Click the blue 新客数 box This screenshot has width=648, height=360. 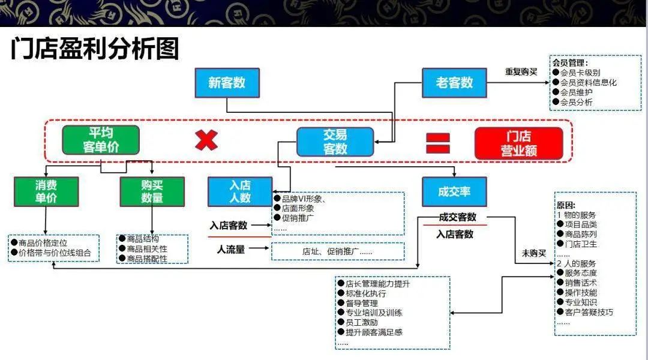(x=227, y=83)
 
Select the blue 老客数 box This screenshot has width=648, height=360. (x=454, y=83)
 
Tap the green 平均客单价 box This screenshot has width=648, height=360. (x=101, y=140)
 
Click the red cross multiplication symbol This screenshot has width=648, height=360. (x=206, y=140)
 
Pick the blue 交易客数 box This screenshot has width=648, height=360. (x=335, y=142)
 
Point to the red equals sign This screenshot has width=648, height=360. (x=438, y=143)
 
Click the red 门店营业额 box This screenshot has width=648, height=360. (x=518, y=143)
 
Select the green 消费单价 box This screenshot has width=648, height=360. (x=46, y=192)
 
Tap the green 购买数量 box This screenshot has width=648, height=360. (x=152, y=192)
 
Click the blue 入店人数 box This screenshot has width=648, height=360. (x=240, y=192)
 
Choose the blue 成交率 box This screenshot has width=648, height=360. (x=454, y=192)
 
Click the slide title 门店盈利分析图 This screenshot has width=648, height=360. (x=95, y=49)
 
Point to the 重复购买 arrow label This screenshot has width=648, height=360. (x=521, y=72)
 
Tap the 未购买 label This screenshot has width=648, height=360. (x=533, y=253)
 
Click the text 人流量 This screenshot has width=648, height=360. (x=231, y=250)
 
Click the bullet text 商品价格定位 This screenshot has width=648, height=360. (x=43, y=243)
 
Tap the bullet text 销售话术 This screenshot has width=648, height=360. (x=581, y=283)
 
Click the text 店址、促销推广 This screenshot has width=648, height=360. (x=331, y=251)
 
